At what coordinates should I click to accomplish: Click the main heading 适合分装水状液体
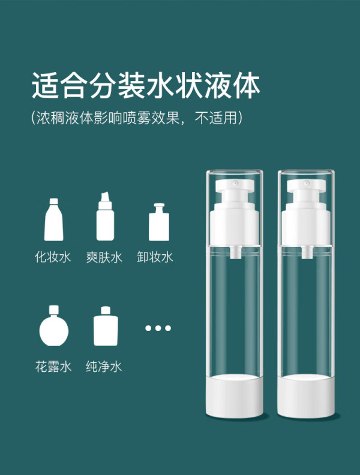pyautogui.click(x=146, y=85)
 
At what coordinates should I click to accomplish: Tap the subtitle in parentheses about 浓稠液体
pyautogui.click(x=137, y=118)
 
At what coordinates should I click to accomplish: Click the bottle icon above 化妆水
pyautogui.click(x=53, y=220)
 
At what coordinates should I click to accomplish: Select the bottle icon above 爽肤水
pyautogui.click(x=105, y=217)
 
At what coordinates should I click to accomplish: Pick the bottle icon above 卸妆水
pyautogui.click(x=159, y=222)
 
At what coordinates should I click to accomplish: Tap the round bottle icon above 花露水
pyautogui.click(x=54, y=326)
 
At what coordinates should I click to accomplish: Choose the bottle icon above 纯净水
pyautogui.click(x=106, y=326)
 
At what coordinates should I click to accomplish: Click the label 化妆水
pyautogui.click(x=53, y=257)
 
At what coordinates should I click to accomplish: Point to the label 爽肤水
pyautogui.click(x=104, y=257)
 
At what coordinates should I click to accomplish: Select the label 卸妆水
pyautogui.click(x=155, y=257)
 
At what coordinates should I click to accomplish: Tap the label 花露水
pyautogui.click(x=53, y=366)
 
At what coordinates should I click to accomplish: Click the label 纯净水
pyautogui.click(x=104, y=366)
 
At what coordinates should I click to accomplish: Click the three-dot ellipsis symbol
pyautogui.click(x=158, y=328)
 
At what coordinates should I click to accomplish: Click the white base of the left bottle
pyautogui.click(x=235, y=396)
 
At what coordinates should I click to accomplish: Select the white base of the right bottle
pyautogui.click(x=306, y=396)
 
